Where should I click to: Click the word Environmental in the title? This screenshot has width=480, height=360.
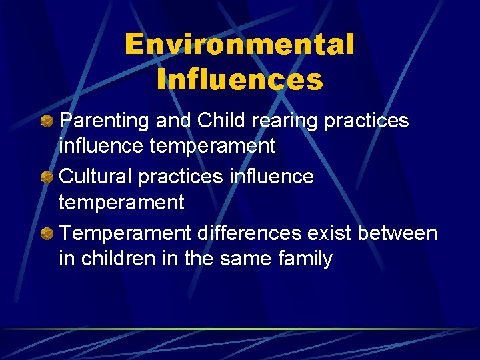point(239,45)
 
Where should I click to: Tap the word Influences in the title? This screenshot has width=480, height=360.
point(240,80)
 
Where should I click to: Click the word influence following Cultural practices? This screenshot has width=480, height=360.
point(272,177)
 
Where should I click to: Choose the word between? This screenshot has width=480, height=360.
point(398,233)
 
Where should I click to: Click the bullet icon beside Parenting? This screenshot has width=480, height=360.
point(47,121)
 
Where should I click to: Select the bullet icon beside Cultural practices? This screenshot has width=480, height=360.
point(47,177)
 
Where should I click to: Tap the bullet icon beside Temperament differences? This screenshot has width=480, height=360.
point(47,234)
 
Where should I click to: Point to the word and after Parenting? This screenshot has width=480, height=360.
point(171,121)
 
